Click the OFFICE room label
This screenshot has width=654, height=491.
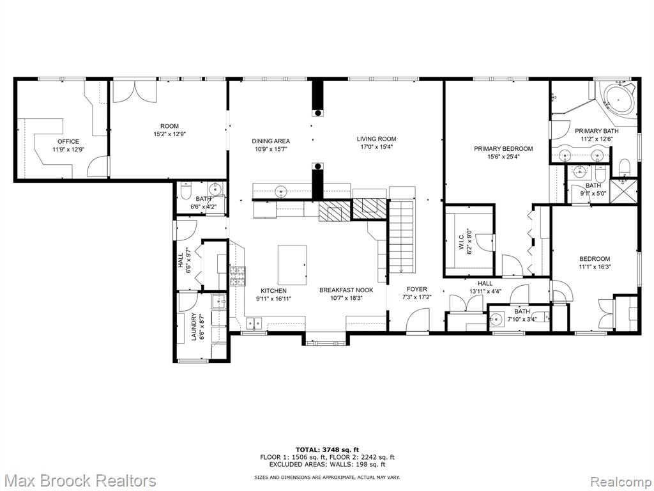click(68, 141)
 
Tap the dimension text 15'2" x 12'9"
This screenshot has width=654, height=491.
click(169, 134)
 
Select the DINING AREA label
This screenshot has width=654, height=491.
click(271, 141)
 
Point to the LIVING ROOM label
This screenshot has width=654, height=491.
click(376, 139)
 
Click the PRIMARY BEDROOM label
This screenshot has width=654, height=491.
click(503, 148)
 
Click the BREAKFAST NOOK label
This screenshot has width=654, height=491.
click(346, 290)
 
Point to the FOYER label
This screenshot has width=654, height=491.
click(417, 289)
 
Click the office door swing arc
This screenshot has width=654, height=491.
click(97, 166)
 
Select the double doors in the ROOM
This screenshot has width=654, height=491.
click(134, 91)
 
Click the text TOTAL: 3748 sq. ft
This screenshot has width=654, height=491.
click(327, 449)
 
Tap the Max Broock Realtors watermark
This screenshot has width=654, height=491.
click(79, 480)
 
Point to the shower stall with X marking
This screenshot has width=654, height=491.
click(623, 192)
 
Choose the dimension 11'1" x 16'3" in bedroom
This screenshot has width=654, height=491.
click(595, 267)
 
